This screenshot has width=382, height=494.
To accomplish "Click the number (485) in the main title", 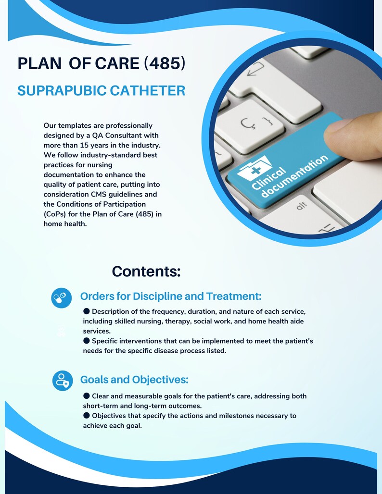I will pos(165,63).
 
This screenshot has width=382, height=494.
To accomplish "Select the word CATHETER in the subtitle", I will pos(151,91).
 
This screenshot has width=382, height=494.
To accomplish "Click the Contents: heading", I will pos(146,271).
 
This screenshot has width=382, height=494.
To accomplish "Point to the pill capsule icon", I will pos(61,298).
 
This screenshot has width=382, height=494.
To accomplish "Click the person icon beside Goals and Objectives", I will pos(62,381).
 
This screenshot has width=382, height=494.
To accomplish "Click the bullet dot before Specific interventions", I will pos(87,341).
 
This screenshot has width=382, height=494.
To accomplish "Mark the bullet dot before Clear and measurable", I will pos(87,395).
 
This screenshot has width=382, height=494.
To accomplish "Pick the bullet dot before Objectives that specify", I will pos(87,415).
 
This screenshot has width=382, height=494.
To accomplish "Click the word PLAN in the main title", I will pos(39,63).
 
